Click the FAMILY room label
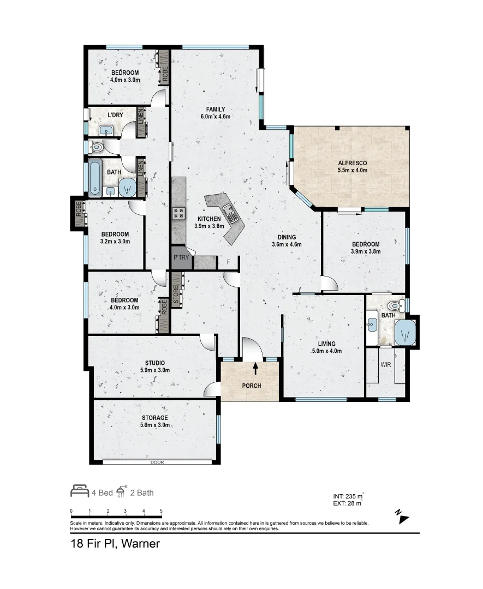pyautogui.click(x=216, y=109)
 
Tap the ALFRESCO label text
pyautogui.click(x=352, y=163)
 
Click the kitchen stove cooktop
pyautogui.click(x=178, y=213)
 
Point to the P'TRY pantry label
pyautogui.click(x=181, y=257)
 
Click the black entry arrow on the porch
pyautogui.click(x=255, y=369)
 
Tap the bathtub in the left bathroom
pyautogui.click(x=95, y=178)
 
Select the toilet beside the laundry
pyautogui.click(x=96, y=147)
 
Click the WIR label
pyautogui.click(x=386, y=364)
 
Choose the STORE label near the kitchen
pyautogui.click(x=176, y=294)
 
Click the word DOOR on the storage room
pyautogui.click(x=157, y=462)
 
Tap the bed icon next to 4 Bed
pyautogui.click(x=79, y=491)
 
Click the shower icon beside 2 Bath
pyautogui.click(x=121, y=491)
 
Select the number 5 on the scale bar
pyautogui.click(x=161, y=511)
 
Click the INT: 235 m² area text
pyautogui.click(x=348, y=496)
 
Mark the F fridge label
pyautogui.click(x=229, y=262)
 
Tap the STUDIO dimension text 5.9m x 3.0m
pyautogui.click(x=155, y=370)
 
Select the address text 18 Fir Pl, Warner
pyautogui.click(x=115, y=544)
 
